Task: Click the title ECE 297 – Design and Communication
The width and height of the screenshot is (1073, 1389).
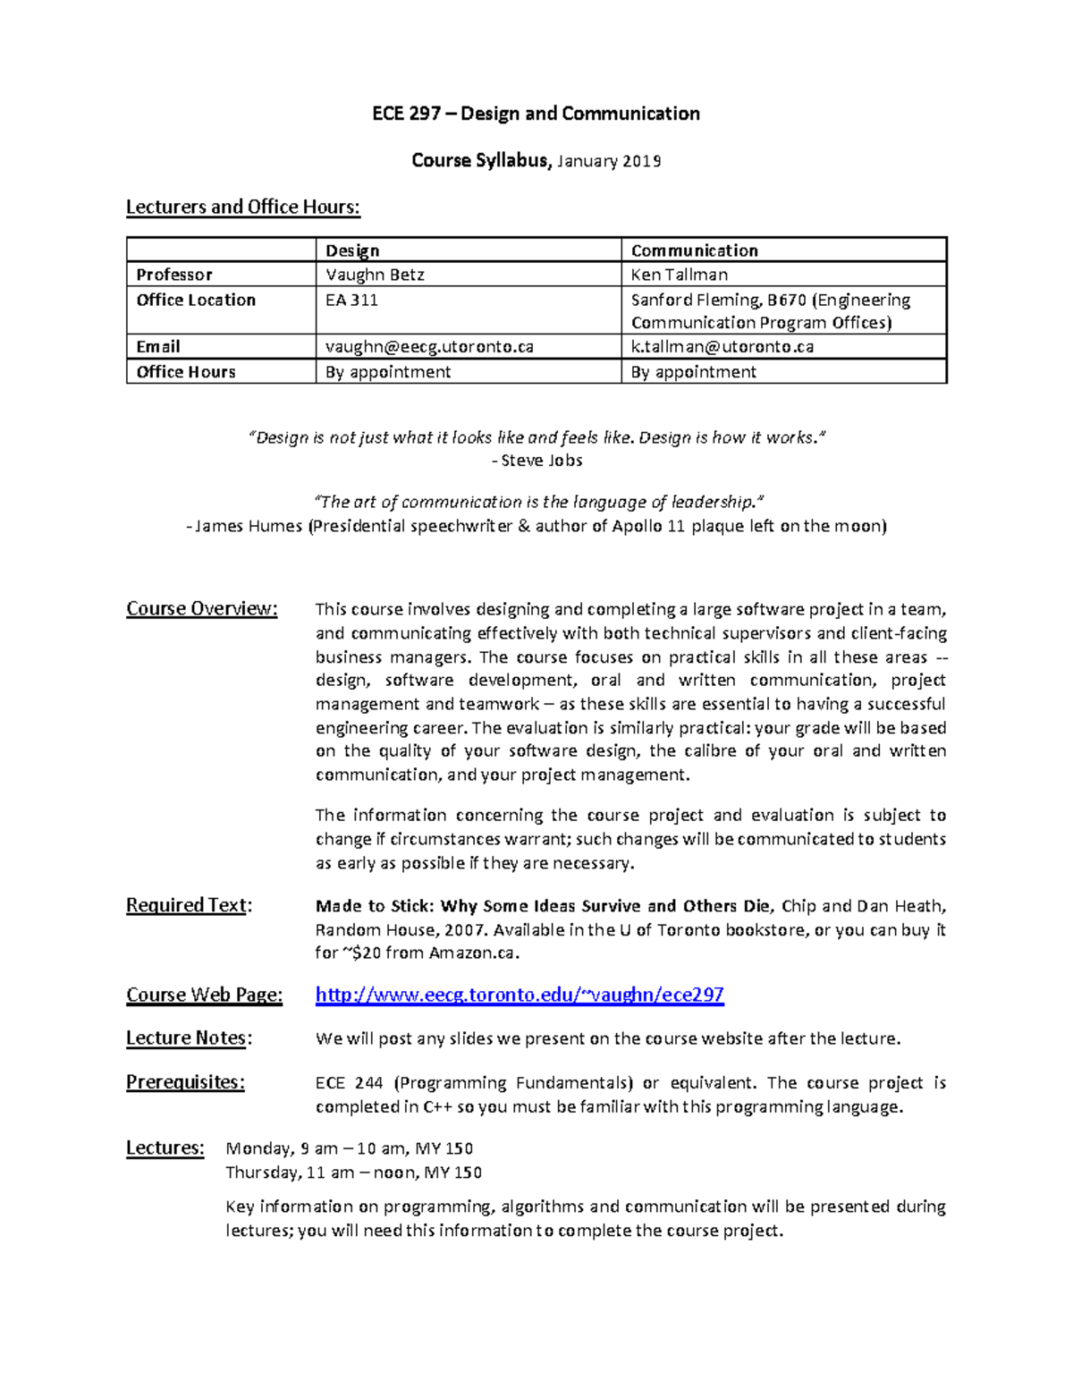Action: [536, 114]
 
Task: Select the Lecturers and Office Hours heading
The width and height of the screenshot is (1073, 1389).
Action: [242, 208]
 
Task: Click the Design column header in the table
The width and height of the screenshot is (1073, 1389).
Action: [352, 250]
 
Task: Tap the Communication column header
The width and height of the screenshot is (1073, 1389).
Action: [694, 250]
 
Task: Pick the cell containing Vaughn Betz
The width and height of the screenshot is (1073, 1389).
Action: [375, 275]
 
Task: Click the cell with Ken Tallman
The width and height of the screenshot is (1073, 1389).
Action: [679, 275]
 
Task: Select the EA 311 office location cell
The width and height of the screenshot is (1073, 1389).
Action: [351, 300]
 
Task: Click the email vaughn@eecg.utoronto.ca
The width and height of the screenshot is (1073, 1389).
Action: [429, 347]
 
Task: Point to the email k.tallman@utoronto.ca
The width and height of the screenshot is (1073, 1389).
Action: [722, 347]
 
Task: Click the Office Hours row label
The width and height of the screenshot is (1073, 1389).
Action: [186, 372]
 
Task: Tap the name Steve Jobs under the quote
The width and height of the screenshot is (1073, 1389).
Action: [541, 461]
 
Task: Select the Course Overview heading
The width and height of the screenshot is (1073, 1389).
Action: [202, 609]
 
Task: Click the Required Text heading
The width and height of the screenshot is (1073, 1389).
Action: [189, 905]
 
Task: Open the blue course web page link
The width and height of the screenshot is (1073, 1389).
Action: [520, 995]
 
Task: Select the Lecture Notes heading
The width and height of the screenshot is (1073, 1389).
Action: [189, 1038]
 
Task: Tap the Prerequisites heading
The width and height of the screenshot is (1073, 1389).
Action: [185, 1082]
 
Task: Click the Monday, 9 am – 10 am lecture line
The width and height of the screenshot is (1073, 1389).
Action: [349, 1148]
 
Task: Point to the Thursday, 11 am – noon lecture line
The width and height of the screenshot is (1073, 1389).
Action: [353, 1173]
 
